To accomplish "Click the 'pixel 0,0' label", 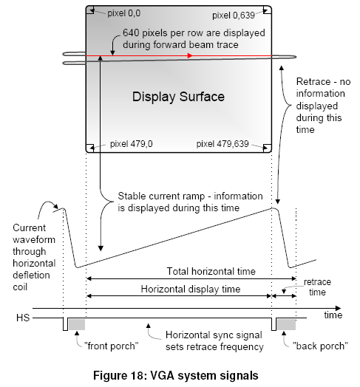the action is (x=123, y=13).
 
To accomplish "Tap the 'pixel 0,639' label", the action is (x=234, y=16).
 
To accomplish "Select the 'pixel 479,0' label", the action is (x=131, y=143).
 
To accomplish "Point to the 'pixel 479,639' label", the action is (x=223, y=143).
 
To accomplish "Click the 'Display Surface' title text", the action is (x=178, y=97).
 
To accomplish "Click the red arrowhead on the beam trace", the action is (x=190, y=56).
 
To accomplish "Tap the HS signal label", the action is (x=23, y=318).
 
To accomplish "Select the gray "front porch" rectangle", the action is (x=77, y=324).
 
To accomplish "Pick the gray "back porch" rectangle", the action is (x=286, y=324).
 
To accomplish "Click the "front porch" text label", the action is (x=111, y=346).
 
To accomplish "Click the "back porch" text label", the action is (x=320, y=346).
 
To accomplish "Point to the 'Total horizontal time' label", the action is (x=211, y=271).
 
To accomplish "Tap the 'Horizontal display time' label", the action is (x=191, y=289).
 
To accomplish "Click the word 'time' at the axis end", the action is (x=333, y=315).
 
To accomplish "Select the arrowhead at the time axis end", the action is (x=338, y=308).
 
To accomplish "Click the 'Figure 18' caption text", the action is (x=176, y=376).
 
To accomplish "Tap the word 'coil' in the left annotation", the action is (x=20, y=287).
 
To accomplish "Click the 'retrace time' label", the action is (x=317, y=287).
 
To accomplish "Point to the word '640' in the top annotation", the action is (x=131, y=32).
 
